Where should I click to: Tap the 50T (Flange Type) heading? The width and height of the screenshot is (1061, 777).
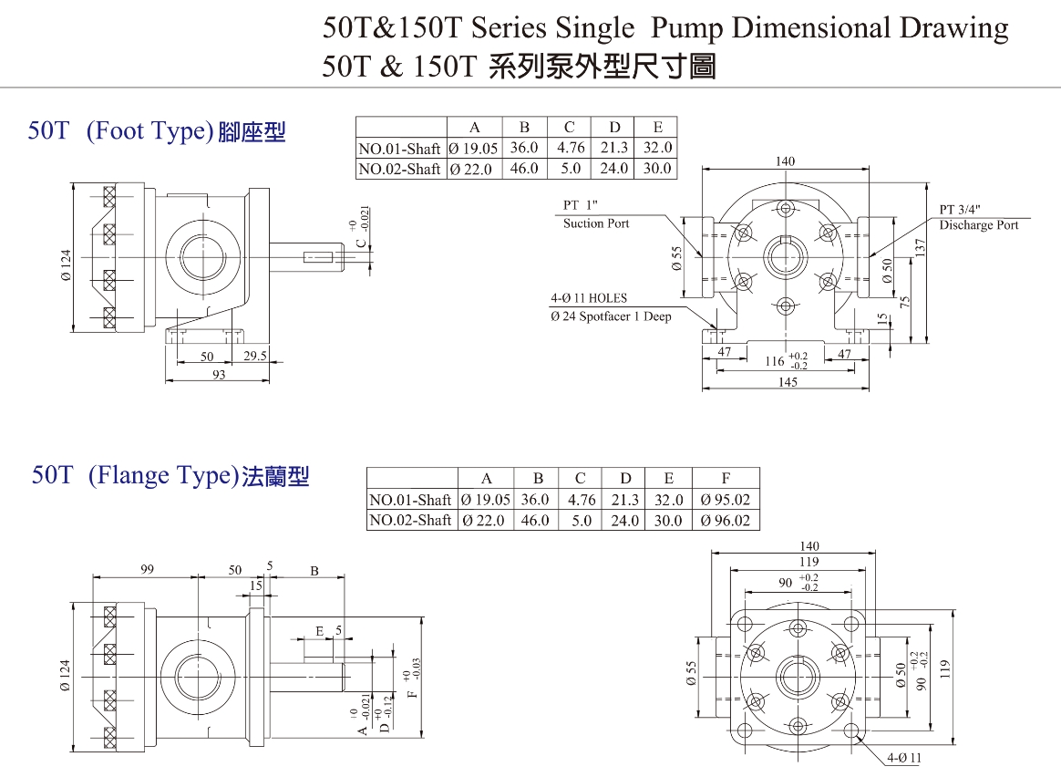170,475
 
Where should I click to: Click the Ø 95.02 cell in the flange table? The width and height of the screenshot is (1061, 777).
726,500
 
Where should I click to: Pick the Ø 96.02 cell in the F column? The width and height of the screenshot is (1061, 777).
726,520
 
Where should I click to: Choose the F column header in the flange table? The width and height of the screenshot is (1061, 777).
726,479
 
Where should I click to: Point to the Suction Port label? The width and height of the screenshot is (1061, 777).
596,223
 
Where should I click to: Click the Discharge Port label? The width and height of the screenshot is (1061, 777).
979,225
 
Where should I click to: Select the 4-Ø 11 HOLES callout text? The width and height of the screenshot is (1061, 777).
589,298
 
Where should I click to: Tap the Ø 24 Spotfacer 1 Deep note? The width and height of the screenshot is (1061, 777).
611,316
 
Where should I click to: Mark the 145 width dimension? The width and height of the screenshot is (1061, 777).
788,382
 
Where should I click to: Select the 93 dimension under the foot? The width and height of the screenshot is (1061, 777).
219,375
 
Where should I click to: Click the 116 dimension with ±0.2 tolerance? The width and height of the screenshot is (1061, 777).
775,361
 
